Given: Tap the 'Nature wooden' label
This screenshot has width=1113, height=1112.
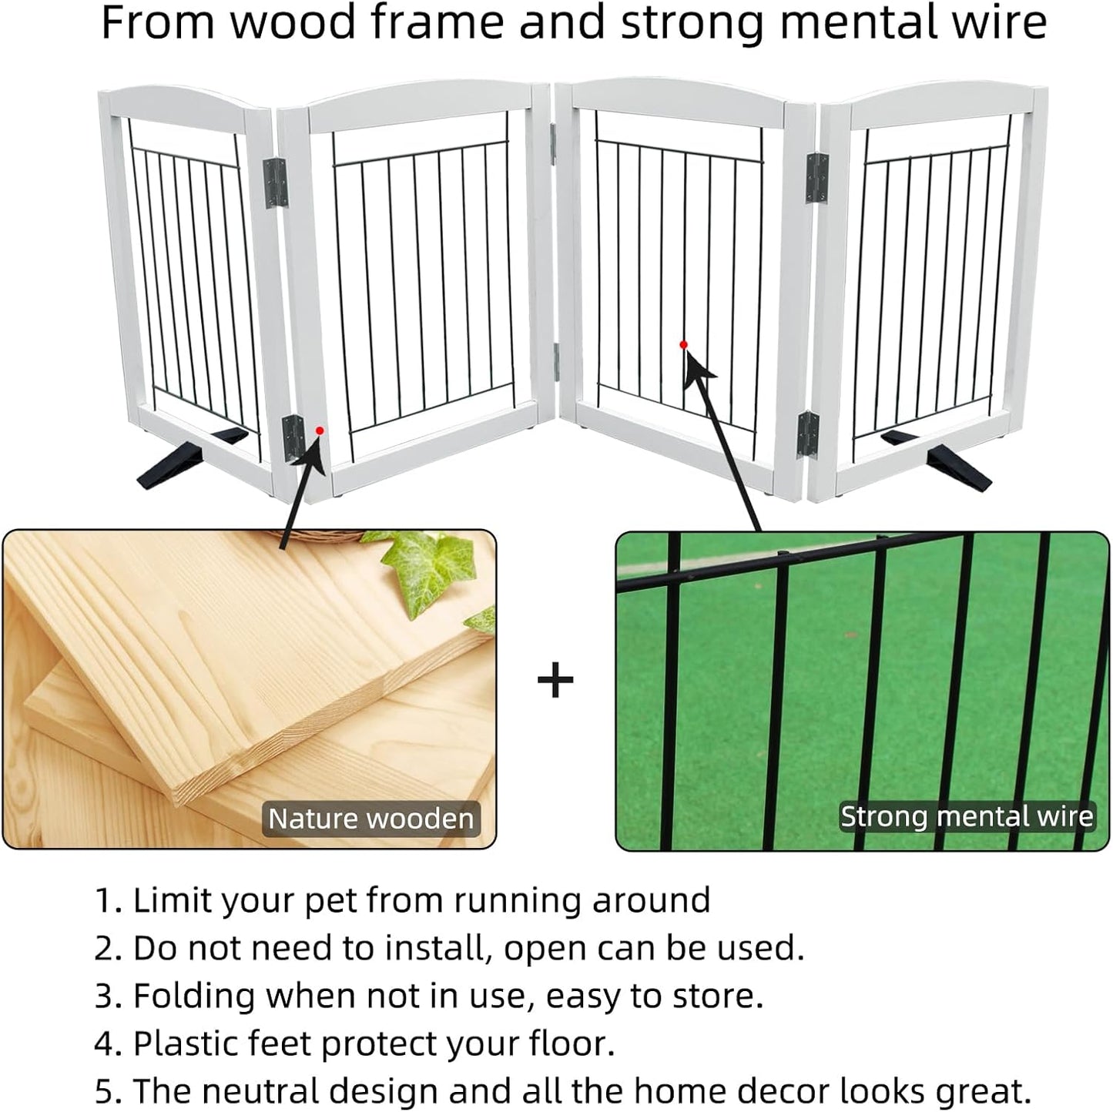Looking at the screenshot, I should click(x=370, y=818).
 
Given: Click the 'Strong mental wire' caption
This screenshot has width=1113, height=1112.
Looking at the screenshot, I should click(x=967, y=816).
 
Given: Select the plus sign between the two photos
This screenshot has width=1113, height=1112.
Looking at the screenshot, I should click(x=555, y=681).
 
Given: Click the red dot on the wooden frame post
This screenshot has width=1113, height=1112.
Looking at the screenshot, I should click(x=320, y=430).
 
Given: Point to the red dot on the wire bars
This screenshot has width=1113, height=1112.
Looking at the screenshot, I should click(x=683, y=345).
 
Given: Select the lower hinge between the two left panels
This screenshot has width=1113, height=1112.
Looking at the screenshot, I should click(x=293, y=439).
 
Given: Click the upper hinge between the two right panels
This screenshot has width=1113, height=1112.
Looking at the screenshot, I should click(x=816, y=179).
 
